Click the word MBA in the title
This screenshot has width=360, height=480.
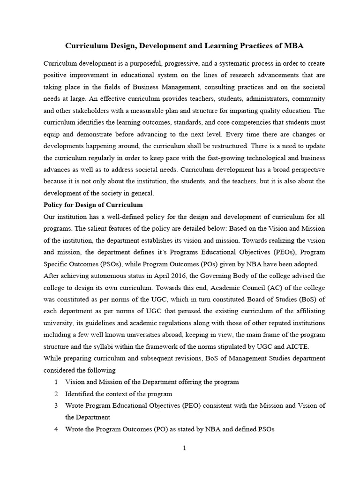[291, 45]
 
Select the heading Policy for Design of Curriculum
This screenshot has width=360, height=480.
[93, 205]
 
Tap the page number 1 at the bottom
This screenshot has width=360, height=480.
[185, 448]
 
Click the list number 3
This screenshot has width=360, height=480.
[56, 405]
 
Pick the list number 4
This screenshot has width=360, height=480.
[56, 429]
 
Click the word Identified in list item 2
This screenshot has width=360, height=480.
[80, 394]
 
